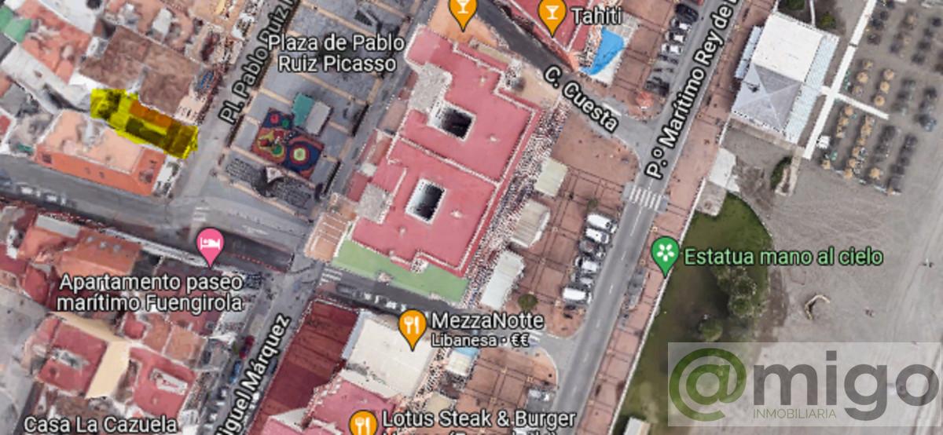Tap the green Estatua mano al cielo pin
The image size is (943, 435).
(666, 254)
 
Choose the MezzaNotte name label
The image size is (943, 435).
(487, 320)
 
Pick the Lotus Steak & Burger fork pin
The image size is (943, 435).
(362, 422)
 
